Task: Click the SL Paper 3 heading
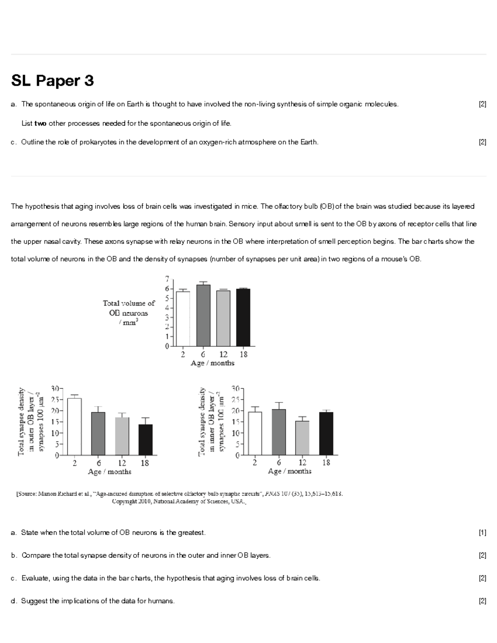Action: tap(53, 80)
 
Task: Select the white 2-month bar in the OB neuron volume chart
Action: tap(183, 318)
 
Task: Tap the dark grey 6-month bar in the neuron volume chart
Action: tap(203, 315)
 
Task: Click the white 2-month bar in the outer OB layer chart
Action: tap(75, 426)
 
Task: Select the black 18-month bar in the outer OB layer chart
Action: tap(145, 440)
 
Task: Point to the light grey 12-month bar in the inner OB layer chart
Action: tap(302, 438)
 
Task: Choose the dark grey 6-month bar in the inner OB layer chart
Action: tap(279, 432)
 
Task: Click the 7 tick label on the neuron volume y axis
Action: tap(167, 278)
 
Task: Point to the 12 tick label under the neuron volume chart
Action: tap(223, 354)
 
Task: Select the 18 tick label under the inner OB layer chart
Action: tap(326, 462)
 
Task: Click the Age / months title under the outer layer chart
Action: tap(110, 472)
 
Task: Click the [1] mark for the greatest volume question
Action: tap(482, 533)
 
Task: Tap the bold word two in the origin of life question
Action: tap(40, 123)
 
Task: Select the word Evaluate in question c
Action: tap(35, 578)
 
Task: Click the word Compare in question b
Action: tap(36, 555)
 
